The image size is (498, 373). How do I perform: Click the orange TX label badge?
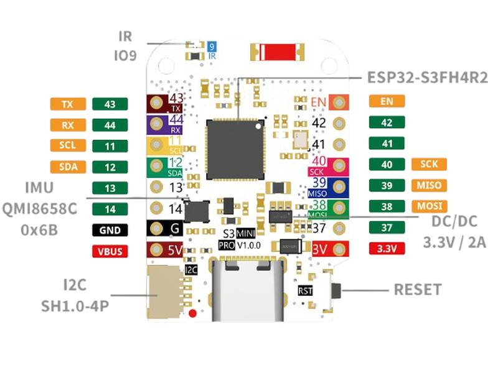[68, 104]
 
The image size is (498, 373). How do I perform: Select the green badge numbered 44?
[110, 126]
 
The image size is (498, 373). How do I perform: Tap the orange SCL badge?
[68, 146]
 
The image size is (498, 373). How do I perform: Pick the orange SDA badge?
[68, 167]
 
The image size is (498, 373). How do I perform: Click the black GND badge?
[110, 231]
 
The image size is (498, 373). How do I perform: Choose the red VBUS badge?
[110, 252]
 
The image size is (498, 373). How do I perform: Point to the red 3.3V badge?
[387, 249]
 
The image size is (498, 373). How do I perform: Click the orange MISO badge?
[429, 185]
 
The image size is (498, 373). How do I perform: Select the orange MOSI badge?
[429, 206]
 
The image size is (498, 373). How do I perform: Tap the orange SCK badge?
[429, 164]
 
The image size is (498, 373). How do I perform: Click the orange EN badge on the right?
[387, 101]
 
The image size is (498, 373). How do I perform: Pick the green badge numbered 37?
[387, 228]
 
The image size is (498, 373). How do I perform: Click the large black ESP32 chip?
[235, 147]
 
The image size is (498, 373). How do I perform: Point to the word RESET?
[418, 290]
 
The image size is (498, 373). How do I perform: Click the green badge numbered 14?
[110, 210]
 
